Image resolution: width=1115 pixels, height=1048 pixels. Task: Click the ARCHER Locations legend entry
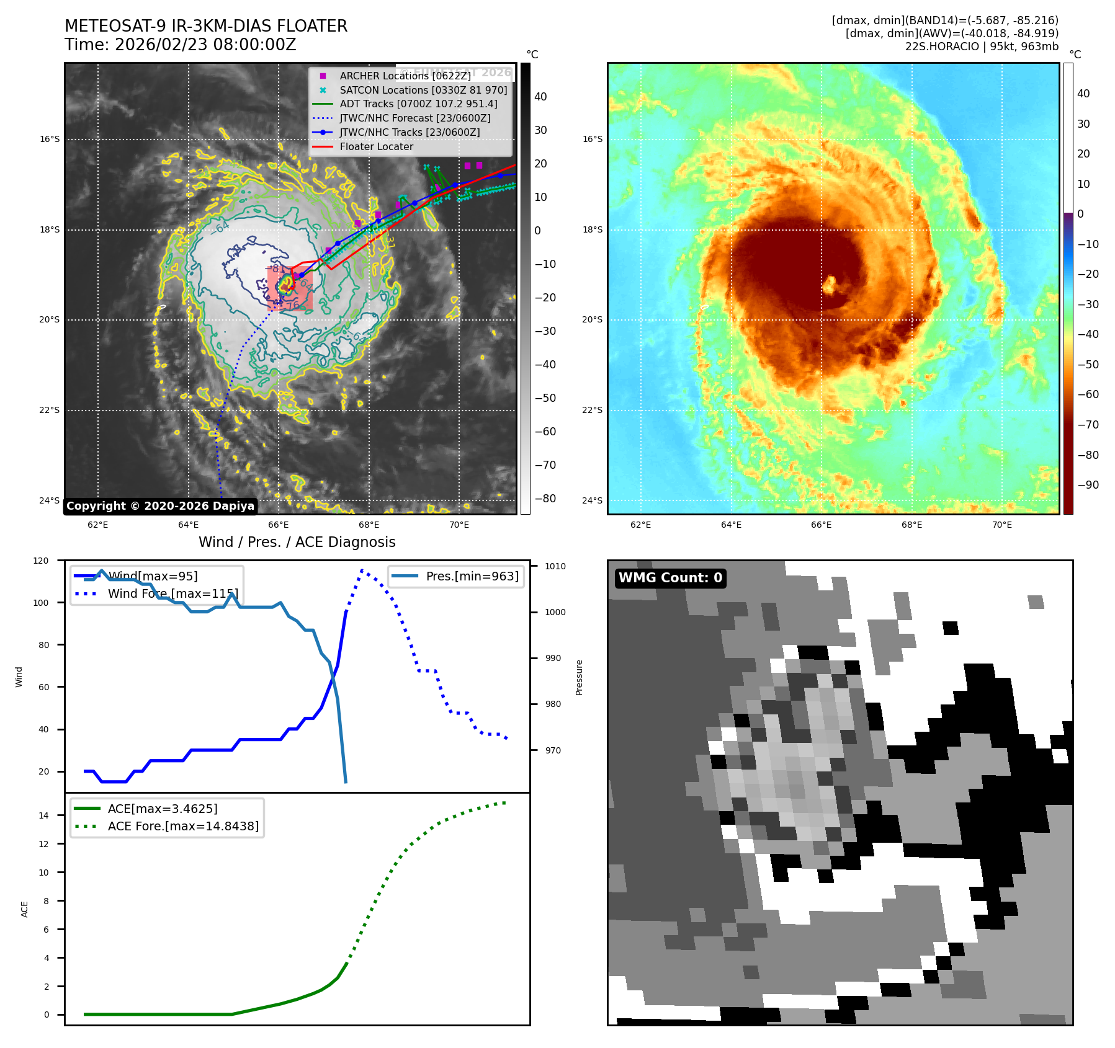tap(405, 76)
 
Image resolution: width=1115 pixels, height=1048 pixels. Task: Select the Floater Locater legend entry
tap(376, 147)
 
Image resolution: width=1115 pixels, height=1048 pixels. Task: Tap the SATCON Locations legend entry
tap(423, 90)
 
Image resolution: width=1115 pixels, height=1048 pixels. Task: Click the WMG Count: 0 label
tap(670, 578)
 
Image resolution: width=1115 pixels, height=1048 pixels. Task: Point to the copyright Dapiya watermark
tap(160, 506)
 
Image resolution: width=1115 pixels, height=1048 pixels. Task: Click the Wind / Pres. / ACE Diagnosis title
tap(297, 542)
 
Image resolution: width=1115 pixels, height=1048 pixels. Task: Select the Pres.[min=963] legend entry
tap(472, 576)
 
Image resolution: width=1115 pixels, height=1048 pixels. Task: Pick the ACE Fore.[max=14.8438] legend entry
tap(183, 826)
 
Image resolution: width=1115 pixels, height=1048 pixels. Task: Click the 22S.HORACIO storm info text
tap(982, 47)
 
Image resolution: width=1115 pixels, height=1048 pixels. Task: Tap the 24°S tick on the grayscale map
tap(50, 501)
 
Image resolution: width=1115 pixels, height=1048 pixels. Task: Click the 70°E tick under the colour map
tap(1001, 525)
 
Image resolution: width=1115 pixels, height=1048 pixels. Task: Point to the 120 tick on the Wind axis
tap(41, 561)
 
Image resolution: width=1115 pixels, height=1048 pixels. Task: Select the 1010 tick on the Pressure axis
tap(555, 566)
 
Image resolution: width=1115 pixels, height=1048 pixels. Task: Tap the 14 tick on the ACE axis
tap(44, 815)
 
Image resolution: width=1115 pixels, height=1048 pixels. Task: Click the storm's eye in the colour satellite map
tap(829, 286)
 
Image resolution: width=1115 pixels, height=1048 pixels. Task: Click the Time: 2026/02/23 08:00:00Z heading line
tap(180, 45)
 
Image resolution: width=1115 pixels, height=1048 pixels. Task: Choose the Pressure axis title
tap(579, 677)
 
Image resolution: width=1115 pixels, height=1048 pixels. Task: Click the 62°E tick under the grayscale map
tap(97, 525)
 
